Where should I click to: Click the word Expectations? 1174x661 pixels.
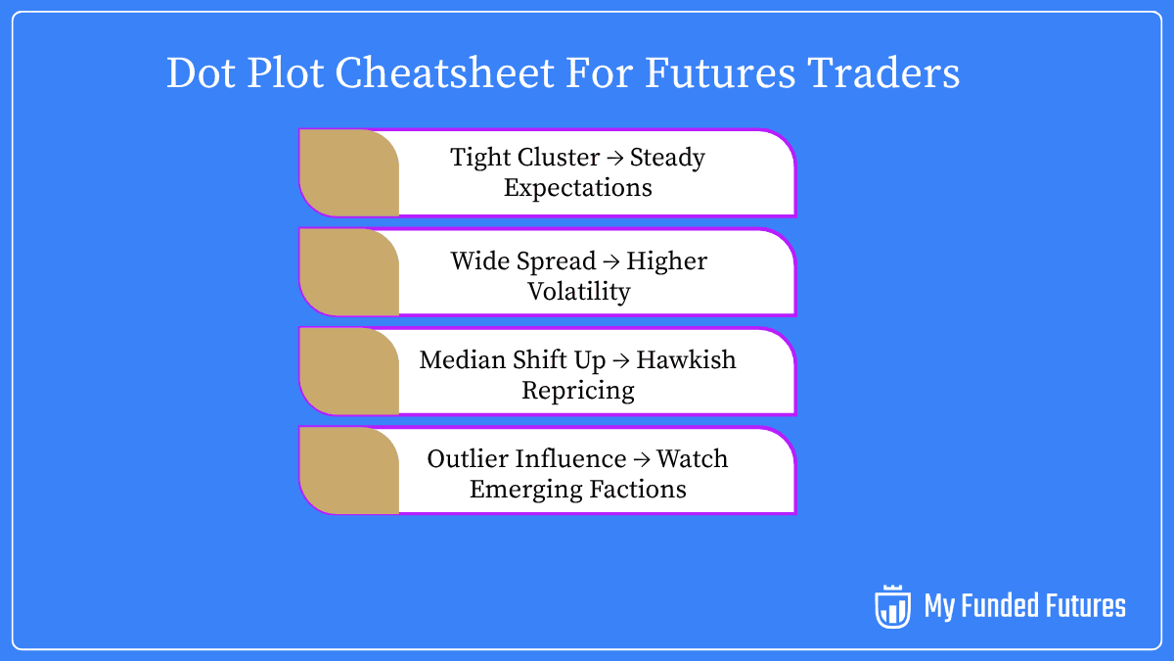(577, 187)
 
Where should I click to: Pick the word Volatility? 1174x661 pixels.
(579, 291)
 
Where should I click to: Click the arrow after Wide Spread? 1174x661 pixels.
(610, 261)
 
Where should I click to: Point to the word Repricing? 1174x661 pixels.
(577, 390)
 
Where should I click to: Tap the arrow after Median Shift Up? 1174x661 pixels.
(621, 359)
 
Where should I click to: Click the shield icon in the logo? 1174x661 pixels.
(892, 607)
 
